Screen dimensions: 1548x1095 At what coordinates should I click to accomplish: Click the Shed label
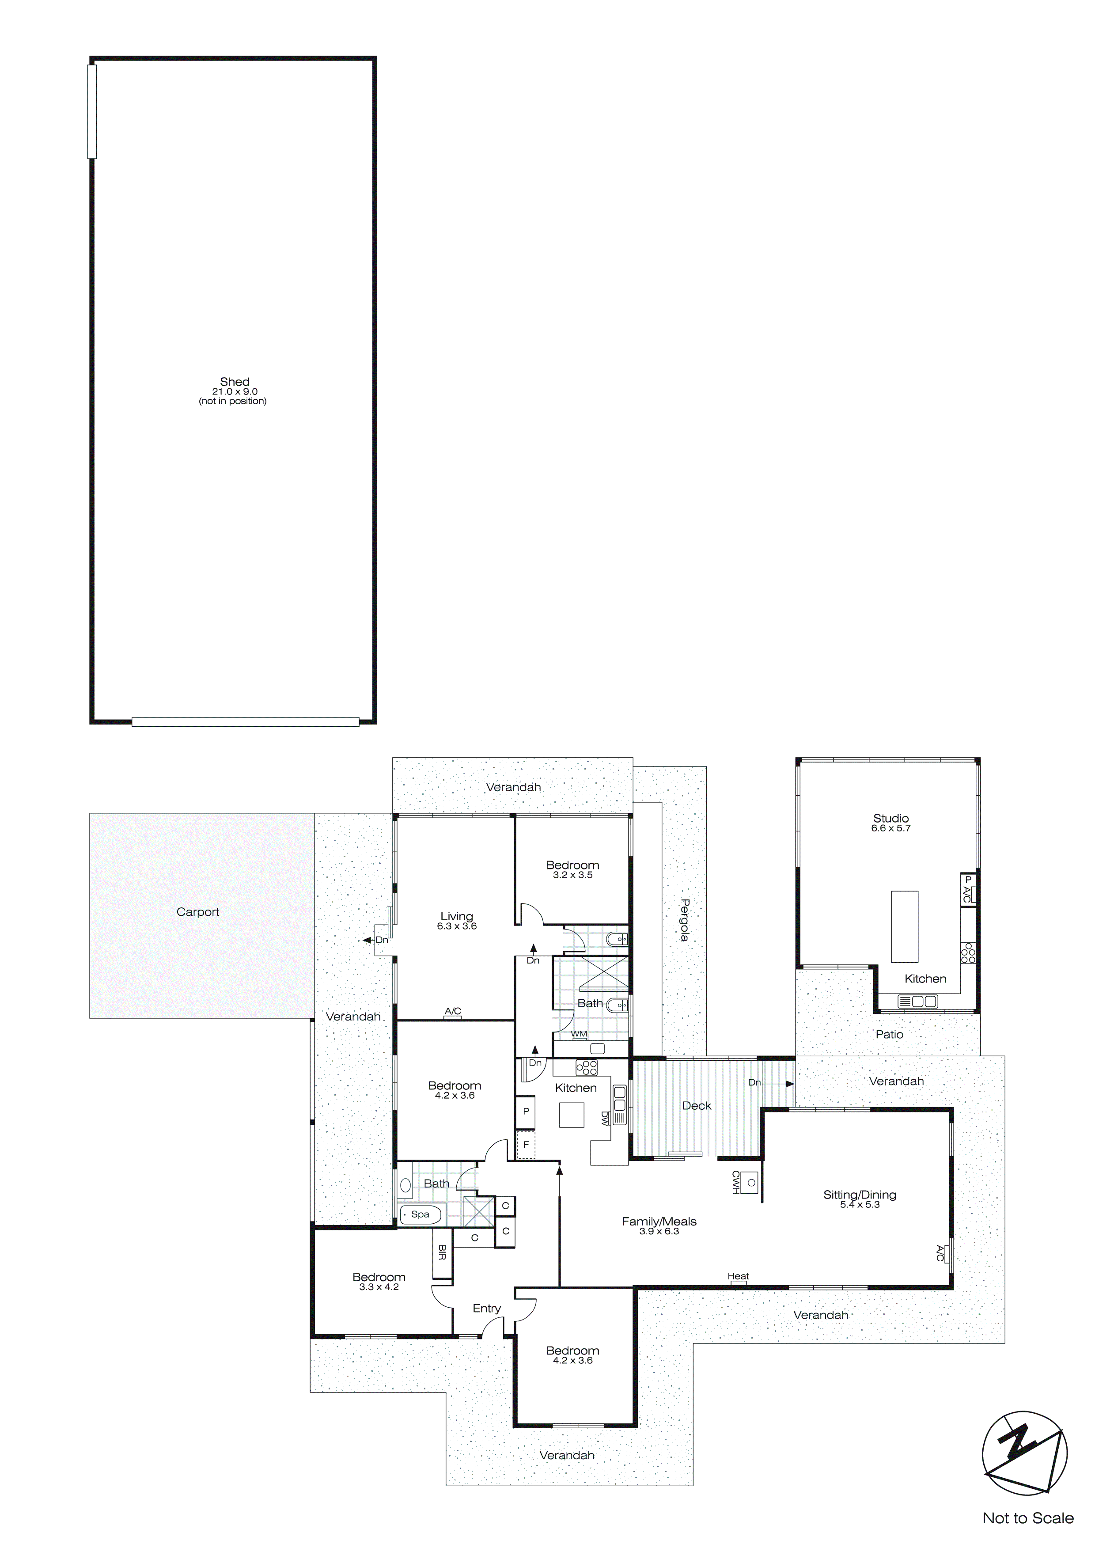(x=234, y=382)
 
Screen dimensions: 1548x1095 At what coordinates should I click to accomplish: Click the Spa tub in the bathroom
(x=420, y=1214)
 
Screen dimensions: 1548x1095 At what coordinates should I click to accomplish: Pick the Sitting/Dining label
(x=859, y=1194)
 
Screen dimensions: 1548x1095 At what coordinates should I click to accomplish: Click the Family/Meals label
(x=659, y=1221)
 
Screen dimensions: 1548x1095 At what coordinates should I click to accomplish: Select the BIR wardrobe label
(x=442, y=1253)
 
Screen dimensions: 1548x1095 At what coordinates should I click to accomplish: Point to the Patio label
(x=889, y=1034)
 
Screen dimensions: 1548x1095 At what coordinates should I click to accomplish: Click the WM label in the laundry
(x=579, y=1034)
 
